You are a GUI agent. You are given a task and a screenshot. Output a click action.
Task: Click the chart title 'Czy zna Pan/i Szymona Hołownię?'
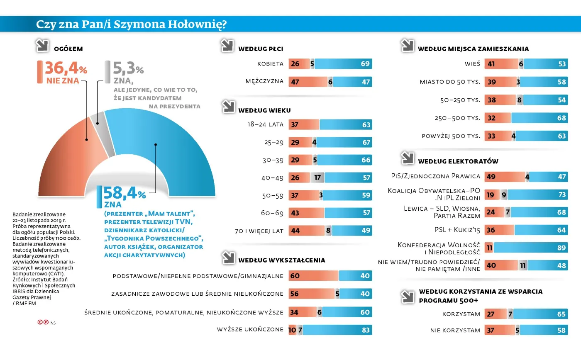click(x=131, y=24)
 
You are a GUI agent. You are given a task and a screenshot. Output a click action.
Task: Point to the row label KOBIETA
click(x=270, y=64)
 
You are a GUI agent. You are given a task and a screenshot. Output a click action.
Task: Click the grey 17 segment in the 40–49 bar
click(x=317, y=178)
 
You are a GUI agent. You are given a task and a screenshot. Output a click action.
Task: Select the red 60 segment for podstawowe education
click(x=313, y=276)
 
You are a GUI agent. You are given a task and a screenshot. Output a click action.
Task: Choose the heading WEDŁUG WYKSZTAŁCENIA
click(x=281, y=260)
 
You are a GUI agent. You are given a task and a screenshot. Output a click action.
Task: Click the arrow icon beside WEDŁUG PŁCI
click(x=227, y=46)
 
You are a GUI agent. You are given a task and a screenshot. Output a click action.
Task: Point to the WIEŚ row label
click(x=472, y=64)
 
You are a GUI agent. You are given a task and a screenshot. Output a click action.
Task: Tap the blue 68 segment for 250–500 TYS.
click(x=539, y=118)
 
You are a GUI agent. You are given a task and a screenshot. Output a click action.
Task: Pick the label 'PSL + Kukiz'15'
click(x=458, y=230)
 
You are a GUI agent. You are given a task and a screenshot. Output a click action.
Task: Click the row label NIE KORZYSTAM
click(x=455, y=330)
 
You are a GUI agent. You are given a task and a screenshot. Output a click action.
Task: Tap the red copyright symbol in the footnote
click(x=40, y=322)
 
